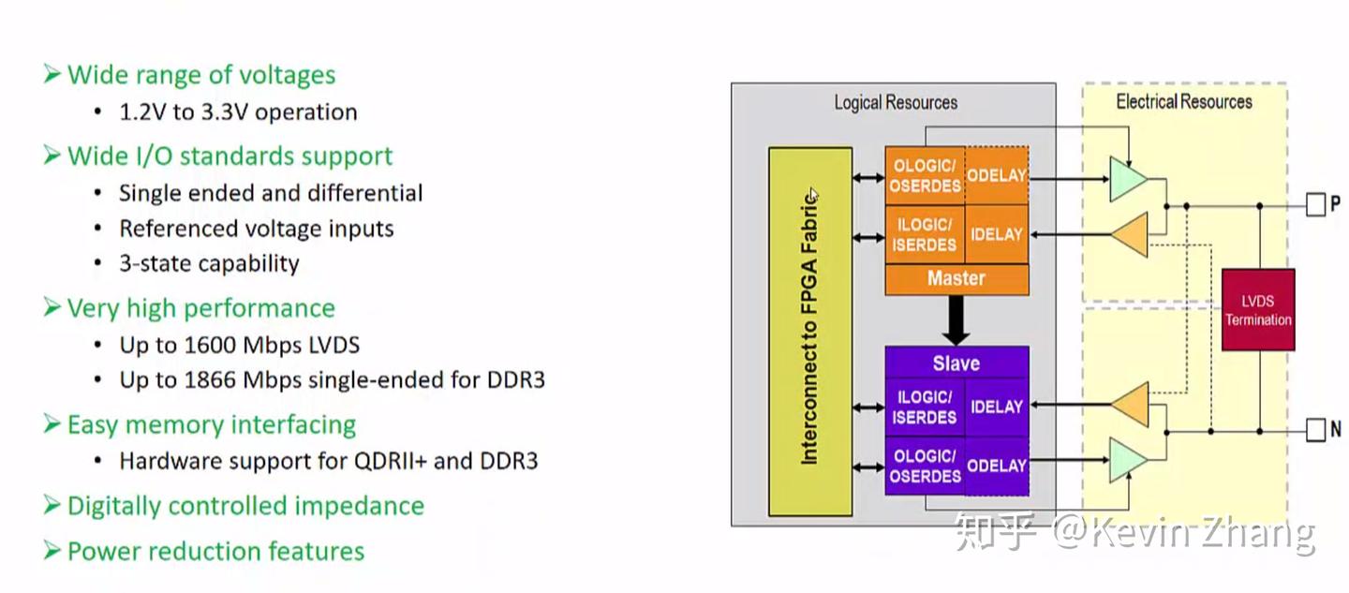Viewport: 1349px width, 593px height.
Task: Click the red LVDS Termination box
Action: [1258, 310]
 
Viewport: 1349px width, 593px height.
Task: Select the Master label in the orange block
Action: [956, 278]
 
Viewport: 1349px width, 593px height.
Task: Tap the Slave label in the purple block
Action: [956, 363]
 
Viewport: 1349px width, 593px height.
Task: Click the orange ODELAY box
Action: [996, 175]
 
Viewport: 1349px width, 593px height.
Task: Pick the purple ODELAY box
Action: [996, 466]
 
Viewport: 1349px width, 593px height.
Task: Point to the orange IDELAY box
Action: [996, 234]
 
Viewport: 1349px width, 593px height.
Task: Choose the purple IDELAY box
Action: [996, 407]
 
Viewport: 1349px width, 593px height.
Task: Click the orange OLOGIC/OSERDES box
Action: [925, 175]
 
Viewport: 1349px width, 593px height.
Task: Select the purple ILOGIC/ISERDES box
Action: [925, 407]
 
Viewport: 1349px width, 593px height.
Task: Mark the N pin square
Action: [1316, 431]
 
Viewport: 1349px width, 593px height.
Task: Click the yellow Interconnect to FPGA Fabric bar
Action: [809, 331]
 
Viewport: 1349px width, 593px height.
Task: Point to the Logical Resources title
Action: [895, 102]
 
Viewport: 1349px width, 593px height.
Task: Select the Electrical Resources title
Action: [1183, 101]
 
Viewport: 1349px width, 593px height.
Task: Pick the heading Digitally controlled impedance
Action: [245, 506]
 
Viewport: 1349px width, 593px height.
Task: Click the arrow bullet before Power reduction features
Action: [52, 550]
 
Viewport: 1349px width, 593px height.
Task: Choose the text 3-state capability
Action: [209, 263]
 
